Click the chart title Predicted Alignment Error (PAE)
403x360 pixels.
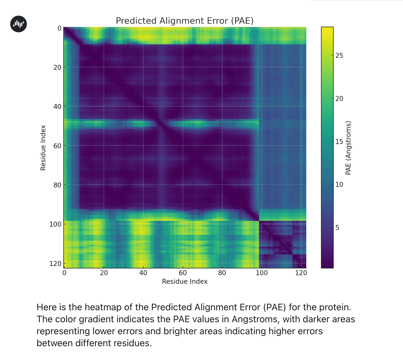point(184,21)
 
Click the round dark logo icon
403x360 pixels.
point(19,24)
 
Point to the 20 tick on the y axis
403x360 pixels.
point(57,67)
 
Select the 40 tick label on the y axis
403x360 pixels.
point(57,107)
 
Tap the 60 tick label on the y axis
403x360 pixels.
point(57,146)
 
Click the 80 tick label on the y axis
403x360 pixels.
point(57,185)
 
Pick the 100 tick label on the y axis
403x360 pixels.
point(55,224)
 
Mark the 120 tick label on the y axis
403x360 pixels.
point(55,264)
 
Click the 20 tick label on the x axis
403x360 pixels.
point(104,273)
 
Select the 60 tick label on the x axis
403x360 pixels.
point(183,273)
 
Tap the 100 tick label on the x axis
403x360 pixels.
point(262,273)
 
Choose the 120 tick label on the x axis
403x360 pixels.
point(301,273)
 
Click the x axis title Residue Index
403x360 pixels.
point(184,282)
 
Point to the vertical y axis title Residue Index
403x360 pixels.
point(43,148)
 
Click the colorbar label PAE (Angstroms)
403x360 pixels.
point(348,148)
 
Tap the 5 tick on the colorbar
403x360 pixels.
point(337,228)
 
